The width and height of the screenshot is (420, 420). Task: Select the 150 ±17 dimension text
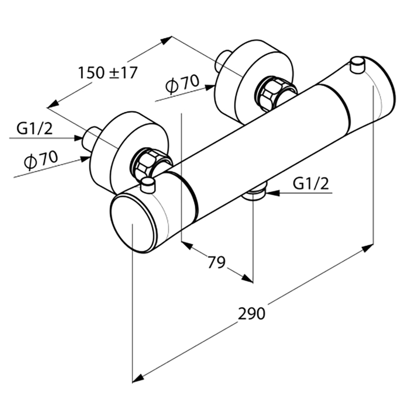108,72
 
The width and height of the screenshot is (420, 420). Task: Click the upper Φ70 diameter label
182,84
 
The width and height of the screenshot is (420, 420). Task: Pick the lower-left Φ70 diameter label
41,160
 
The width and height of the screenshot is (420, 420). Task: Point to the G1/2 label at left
35,129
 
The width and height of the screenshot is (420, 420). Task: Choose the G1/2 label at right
310,184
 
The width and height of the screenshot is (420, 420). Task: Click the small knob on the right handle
358,65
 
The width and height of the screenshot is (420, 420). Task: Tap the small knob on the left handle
148,185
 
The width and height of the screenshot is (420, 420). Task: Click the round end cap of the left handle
132,224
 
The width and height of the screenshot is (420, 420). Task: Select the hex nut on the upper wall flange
269,92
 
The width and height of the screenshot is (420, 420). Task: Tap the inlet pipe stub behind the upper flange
221,61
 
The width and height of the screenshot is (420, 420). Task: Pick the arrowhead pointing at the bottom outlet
272,193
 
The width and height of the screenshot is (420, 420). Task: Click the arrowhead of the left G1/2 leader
78,138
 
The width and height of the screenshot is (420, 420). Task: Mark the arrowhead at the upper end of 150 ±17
166,40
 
